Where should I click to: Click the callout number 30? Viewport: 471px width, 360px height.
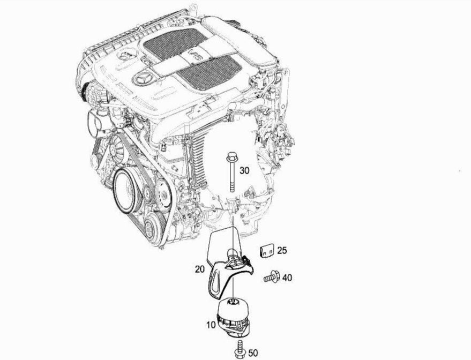(244, 171)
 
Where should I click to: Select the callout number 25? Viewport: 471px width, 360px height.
(282, 250)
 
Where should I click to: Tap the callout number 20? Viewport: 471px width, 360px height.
(200, 269)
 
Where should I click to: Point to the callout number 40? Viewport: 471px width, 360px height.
(287, 277)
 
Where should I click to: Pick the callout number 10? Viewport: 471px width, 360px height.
(211, 325)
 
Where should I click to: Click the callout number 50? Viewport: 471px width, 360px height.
(253, 353)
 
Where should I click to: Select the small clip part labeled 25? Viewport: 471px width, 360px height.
(267, 252)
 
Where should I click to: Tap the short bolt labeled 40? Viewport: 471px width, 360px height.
(272, 277)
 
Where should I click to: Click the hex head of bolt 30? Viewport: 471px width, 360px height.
(232, 156)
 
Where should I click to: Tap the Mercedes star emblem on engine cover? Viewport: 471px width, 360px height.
(143, 79)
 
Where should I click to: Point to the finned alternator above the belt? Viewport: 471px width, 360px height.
(116, 149)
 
